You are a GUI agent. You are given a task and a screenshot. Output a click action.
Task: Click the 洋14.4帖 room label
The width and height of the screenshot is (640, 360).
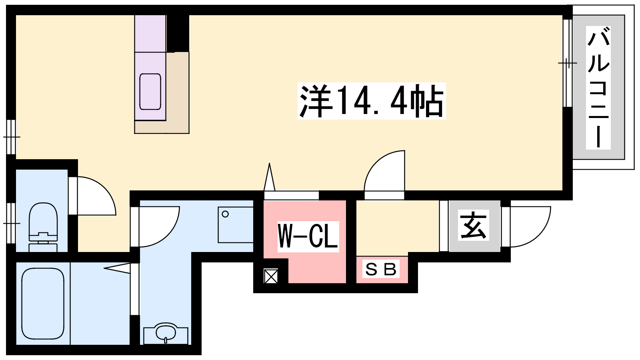click(x=372, y=101)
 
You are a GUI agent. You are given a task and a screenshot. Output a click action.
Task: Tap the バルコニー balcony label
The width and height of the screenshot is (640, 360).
click(x=598, y=88)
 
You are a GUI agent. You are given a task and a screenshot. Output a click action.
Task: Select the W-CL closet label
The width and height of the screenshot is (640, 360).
click(x=308, y=236)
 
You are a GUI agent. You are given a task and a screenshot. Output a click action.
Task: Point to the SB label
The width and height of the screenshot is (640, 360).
click(x=381, y=270)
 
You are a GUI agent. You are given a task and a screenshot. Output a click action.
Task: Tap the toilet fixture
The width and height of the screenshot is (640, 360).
click(x=43, y=227)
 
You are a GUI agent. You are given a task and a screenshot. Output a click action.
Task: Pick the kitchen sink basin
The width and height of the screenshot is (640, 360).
click(x=150, y=92)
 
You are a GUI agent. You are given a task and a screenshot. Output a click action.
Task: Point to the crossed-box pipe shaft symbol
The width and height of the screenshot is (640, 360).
click(x=271, y=276)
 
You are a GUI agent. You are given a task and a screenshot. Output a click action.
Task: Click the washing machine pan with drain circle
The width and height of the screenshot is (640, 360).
click(x=236, y=225)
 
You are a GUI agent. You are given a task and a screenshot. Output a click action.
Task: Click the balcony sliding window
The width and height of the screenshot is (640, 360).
click(x=568, y=63)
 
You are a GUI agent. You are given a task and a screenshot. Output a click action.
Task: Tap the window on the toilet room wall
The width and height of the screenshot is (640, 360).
click(x=11, y=223)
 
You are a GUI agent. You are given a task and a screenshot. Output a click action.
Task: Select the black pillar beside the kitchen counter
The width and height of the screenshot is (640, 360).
click(x=178, y=34)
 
